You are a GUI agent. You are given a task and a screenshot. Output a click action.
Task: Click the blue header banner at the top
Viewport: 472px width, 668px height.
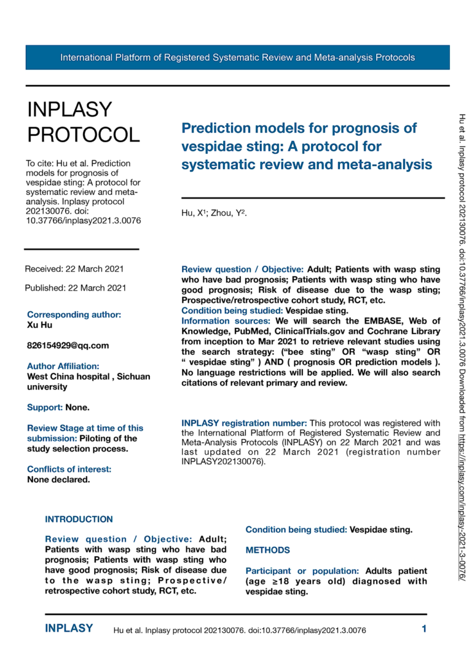pyautogui.click(x=237, y=57)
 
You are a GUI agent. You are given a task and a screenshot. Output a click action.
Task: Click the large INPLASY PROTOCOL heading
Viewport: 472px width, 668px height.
pyautogui.click(x=83, y=121)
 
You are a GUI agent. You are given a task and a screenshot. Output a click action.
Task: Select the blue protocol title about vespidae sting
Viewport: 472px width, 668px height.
pyautogui.click(x=307, y=146)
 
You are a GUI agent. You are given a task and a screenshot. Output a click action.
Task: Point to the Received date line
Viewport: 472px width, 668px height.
pyautogui.click(x=74, y=269)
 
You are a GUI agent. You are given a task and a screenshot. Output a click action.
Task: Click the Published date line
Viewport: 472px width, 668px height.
pyautogui.click(x=76, y=288)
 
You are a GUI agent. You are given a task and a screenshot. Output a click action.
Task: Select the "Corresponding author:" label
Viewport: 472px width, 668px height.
pyautogui.click(x=74, y=314)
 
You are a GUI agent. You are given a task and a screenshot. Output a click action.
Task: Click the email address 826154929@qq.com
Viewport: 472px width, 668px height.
pyautogui.click(x=68, y=345)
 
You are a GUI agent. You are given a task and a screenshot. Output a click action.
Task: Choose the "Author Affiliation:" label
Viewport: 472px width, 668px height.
pyautogui.click(x=63, y=366)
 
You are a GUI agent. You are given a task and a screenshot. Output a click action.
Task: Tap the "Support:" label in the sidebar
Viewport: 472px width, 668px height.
pyautogui.click(x=44, y=407)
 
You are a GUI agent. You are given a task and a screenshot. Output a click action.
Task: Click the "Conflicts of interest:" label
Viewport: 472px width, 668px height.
pyautogui.click(x=69, y=469)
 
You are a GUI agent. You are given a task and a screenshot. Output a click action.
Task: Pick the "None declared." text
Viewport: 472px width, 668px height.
pyautogui.click(x=58, y=479)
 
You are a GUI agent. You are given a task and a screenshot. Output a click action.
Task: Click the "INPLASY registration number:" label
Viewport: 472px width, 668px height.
pyautogui.click(x=244, y=423)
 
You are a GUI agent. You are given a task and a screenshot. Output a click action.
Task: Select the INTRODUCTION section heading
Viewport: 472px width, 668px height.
pyautogui.click(x=79, y=519)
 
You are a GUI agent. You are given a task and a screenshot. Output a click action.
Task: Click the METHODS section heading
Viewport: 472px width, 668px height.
pyautogui.click(x=267, y=549)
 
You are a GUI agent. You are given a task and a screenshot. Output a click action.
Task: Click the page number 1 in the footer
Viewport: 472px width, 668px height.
pyautogui.click(x=424, y=629)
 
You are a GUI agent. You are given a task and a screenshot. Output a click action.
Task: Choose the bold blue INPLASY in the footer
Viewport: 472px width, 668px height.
pyautogui.click(x=69, y=629)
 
